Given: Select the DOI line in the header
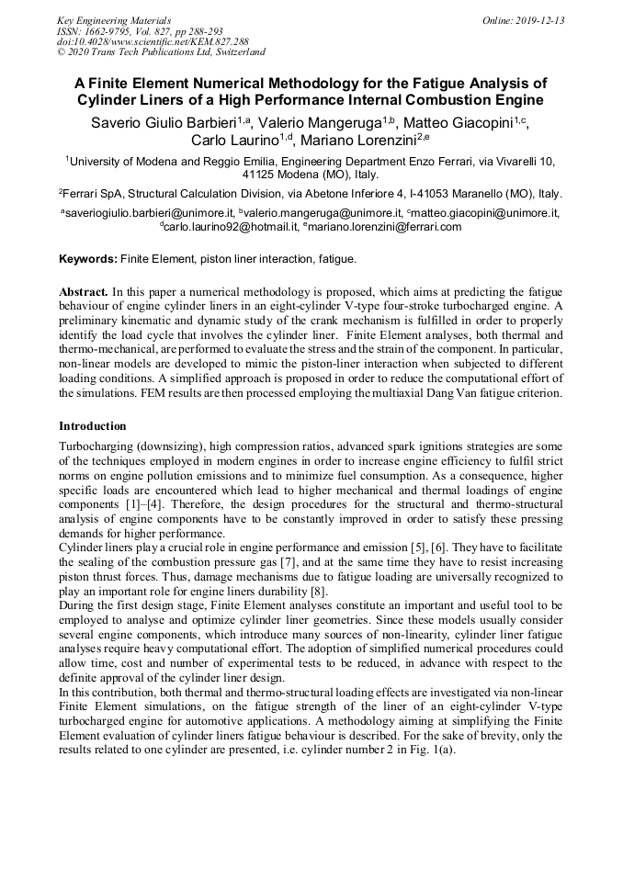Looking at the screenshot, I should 152,41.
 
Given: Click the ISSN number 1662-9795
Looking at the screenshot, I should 114,30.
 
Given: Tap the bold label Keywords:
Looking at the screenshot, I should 89,260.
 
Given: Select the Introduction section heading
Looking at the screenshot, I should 93,426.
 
